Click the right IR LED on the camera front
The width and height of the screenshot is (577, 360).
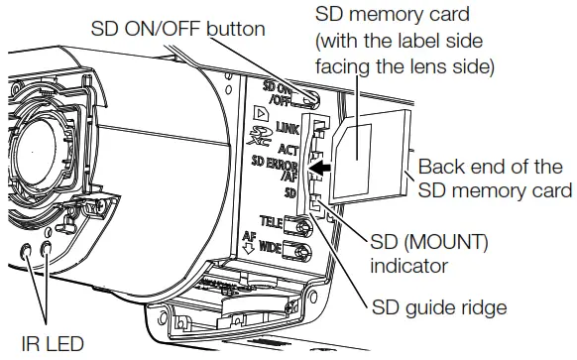click(x=46, y=254)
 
